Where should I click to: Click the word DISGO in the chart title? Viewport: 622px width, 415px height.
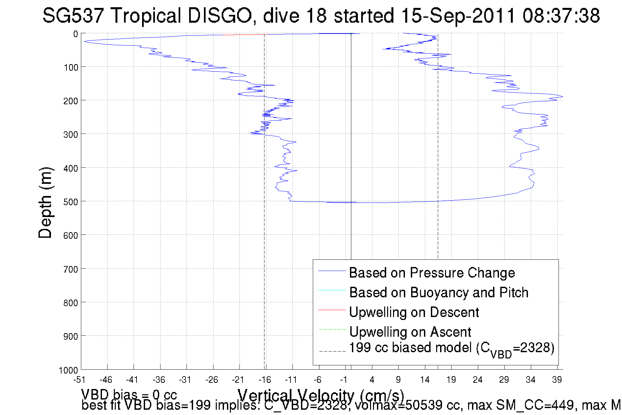click(220, 15)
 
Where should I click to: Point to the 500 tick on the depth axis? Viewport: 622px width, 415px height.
click(71, 202)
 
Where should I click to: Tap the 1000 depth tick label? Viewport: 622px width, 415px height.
click(68, 370)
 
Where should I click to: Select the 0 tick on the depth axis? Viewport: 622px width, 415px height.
click(76, 34)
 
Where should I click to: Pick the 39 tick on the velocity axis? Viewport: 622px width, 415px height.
click(557, 380)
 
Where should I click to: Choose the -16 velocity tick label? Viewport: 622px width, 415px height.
click(264, 380)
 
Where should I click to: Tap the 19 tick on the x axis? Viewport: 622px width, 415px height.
click(451, 380)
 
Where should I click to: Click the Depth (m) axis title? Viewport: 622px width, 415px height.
click(45, 203)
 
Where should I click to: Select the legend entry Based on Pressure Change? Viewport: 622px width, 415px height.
click(432, 273)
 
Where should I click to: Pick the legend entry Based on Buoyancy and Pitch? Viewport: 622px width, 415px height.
click(438, 292)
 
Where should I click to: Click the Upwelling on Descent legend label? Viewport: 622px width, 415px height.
click(414, 312)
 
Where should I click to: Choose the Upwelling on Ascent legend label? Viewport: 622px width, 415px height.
click(410, 332)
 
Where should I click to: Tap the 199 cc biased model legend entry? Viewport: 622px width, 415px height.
click(451, 348)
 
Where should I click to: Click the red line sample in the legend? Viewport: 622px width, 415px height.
click(332, 310)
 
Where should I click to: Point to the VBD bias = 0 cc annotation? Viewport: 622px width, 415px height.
click(129, 394)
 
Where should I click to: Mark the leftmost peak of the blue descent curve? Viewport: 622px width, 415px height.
click(84, 41)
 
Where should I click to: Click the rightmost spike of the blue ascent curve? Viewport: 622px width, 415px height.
click(562, 97)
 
